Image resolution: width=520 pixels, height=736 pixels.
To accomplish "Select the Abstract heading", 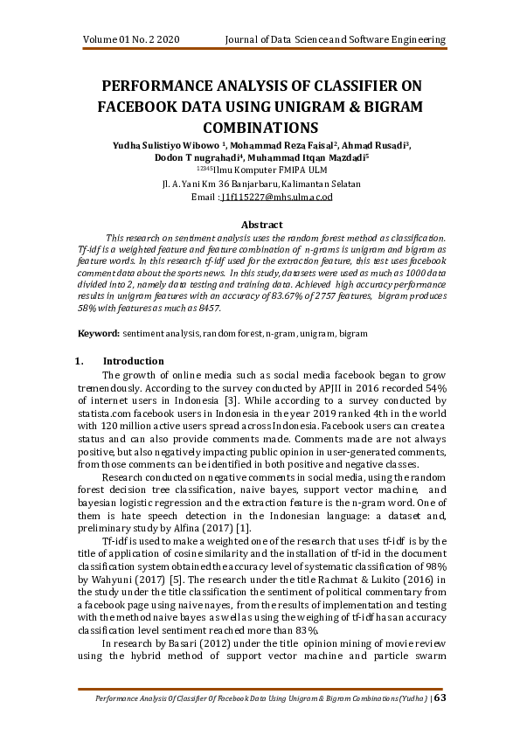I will tap(260, 225).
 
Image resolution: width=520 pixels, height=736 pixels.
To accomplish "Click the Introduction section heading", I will tap(133, 361).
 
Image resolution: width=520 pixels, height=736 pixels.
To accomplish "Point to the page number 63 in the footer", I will tap(440, 698).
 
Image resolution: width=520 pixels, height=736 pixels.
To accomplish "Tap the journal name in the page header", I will tap(336, 40).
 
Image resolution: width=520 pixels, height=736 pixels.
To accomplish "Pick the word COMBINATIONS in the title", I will tap(260, 127).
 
